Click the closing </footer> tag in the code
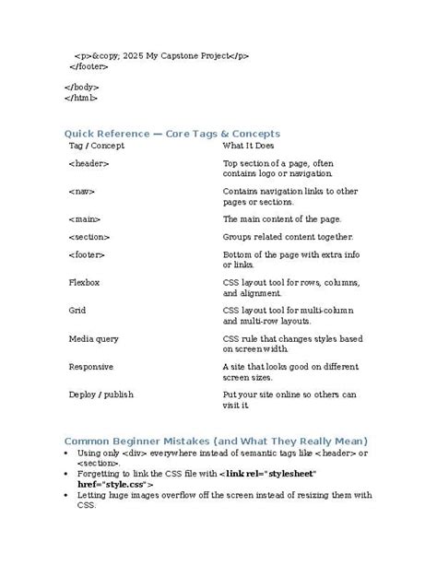coord(90,66)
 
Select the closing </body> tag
coord(82,86)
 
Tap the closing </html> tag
coord(81,97)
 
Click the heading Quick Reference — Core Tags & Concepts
coord(171,134)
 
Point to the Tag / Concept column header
coord(97,146)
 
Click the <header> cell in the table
coord(89,164)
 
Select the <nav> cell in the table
coord(82,192)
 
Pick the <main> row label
coord(84,219)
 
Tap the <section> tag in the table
coord(89,237)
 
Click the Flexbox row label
coord(85,283)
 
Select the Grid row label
coord(77,311)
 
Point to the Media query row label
coord(94,338)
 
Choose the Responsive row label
coord(91,366)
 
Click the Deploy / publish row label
coord(101,394)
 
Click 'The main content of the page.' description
coord(282,219)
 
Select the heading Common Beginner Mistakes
coord(216,440)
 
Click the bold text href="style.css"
coord(116,483)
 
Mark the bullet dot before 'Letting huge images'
coord(66,495)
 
